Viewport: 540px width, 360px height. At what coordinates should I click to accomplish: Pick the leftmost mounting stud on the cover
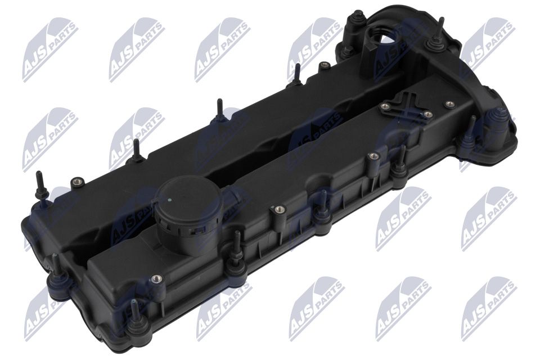click(x=39, y=186)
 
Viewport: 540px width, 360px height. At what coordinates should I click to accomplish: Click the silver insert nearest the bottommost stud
click(x=156, y=278)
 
